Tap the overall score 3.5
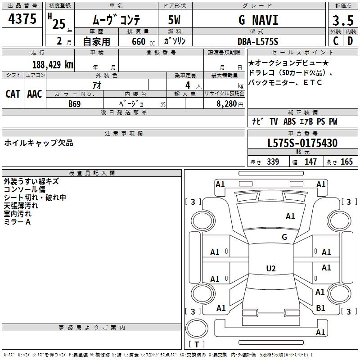pyautogui.click(x=342, y=21)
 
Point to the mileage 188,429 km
pyautogui.click(x=53, y=65)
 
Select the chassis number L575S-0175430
pyautogui.click(x=302, y=143)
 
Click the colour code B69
pyautogui.click(x=75, y=103)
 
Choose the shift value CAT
pyautogui.click(x=13, y=94)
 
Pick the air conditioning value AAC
pyautogui.click(x=35, y=94)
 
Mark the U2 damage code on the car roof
pyautogui.click(x=270, y=269)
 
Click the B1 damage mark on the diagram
pyautogui.click(x=320, y=308)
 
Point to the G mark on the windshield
pyautogui.click(x=284, y=237)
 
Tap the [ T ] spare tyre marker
pyautogui.click(x=196, y=345)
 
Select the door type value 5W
pyautogui.click(x=175, y=20)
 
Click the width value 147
pyautogui.click(x=310, y=162)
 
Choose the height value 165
pyautogui.click(x=346, y=162)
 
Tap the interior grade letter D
pyautogui.click(x=350, y=41)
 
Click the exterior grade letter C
pyautogui.click(x=335, y=41)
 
